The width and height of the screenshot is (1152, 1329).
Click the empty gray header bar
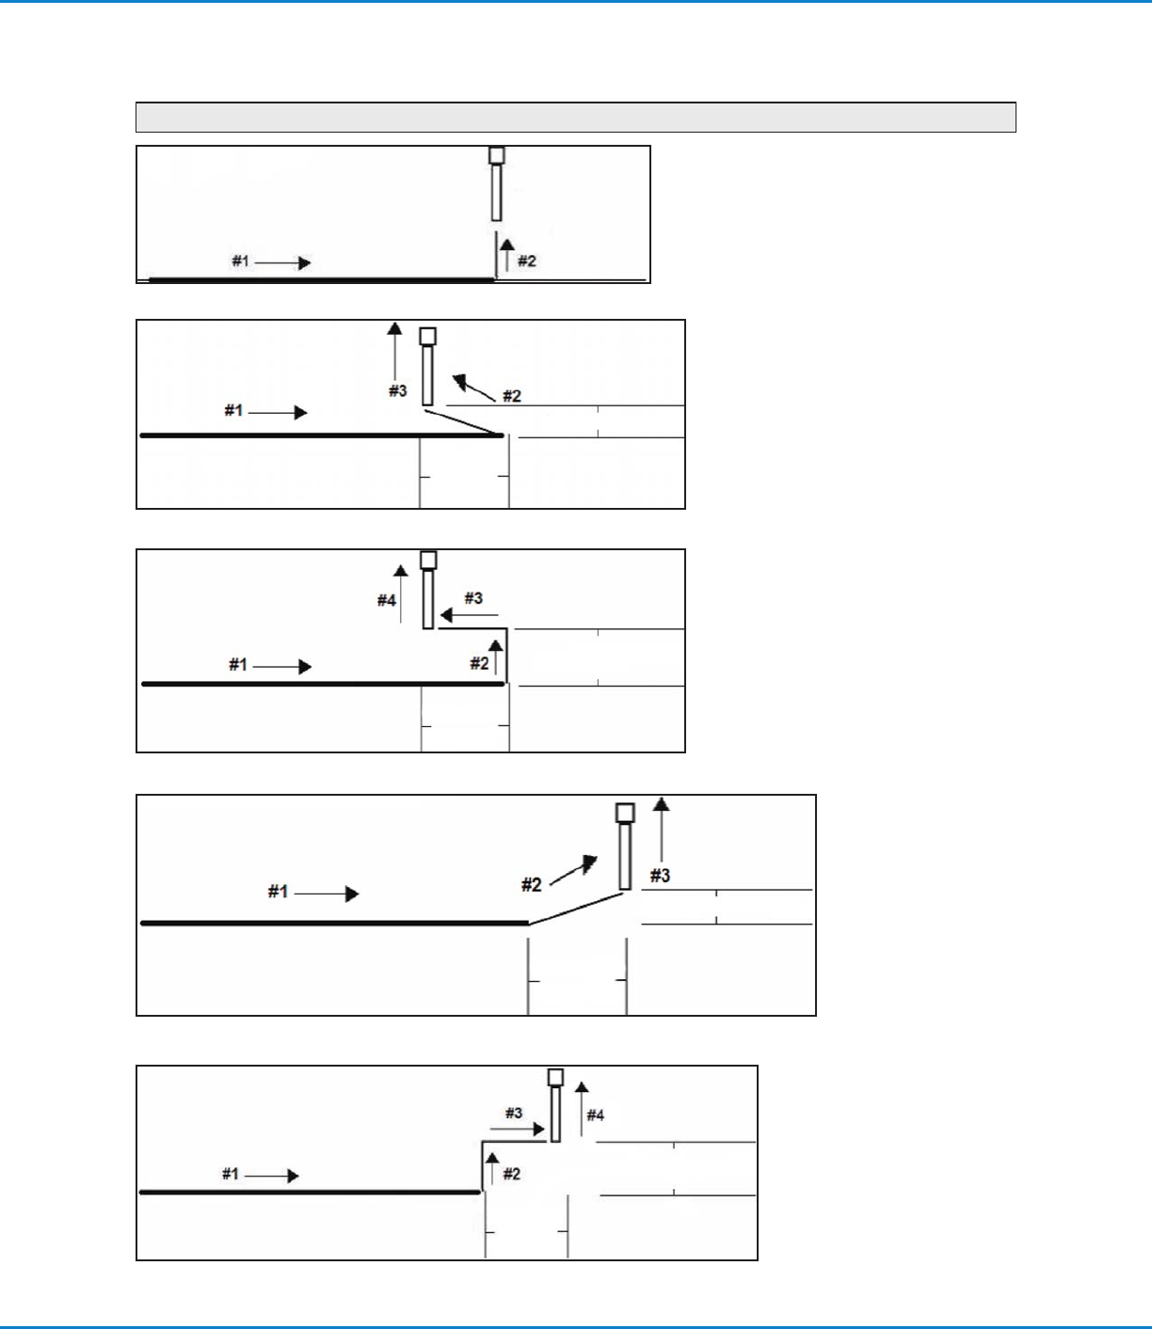click(575, 117)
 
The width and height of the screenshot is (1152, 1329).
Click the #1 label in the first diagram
click(241, 261)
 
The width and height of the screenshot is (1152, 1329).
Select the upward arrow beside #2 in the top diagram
click(507, 255)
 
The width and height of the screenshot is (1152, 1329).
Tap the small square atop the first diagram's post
click(497, 155)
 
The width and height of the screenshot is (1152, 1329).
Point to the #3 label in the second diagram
click(398, 390)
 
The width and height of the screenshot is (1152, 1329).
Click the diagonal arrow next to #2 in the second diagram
click(472, 386)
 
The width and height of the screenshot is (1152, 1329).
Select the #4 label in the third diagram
click(387, 600)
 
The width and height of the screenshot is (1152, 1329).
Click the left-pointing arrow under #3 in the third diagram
click(469, 615)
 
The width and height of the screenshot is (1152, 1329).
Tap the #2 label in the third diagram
click(479, 664)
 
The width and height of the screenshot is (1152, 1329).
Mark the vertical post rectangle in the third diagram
click(428, 599)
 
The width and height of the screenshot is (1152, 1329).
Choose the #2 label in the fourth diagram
click(532, 884)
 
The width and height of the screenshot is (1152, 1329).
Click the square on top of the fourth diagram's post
click(625, 813)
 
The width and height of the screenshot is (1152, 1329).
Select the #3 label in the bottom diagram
click(513, 1113)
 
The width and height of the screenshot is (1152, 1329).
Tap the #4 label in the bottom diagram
click(596, 1115)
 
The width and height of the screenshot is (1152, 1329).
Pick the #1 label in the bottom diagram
click(231, 1174)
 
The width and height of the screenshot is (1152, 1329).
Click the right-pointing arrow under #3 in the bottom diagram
click(518, 1129)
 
